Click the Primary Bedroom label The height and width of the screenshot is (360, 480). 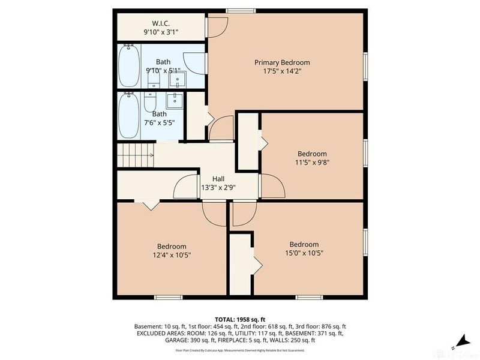point(282,62)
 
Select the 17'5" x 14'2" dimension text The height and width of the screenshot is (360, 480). point(282,71)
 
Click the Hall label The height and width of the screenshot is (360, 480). point(218,178)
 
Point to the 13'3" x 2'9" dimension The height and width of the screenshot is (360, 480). point(218,187)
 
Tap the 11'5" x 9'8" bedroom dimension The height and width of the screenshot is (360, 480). point(312,161)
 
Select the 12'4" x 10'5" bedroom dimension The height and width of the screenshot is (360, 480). point(172,254)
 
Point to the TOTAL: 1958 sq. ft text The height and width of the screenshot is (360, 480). point(239,319)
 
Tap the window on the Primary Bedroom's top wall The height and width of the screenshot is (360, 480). point(243,10)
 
